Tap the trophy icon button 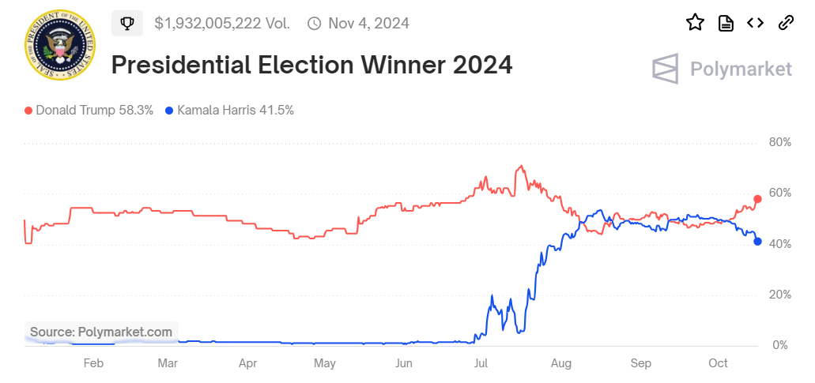[x=127, y=24]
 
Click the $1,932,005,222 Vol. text [x=222, y=24]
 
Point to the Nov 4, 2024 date [x=368, y=24]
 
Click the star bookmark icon [x=695, y=23]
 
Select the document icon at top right [x=726, y=23]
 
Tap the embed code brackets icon [x=756, y=23]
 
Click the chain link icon [x=786, y=23]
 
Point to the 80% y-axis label [x=779, y=143]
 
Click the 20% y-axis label [x=779, y=295]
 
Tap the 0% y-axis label [x=779, y=345]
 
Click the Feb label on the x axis [x=92, y=363]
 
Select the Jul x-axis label [x=481, y=363]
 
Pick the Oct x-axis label [x=718, y=363]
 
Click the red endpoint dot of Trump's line [x=757, y=199]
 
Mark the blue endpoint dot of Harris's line [x=757, y=242]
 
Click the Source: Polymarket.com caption [x=101, y=332]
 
